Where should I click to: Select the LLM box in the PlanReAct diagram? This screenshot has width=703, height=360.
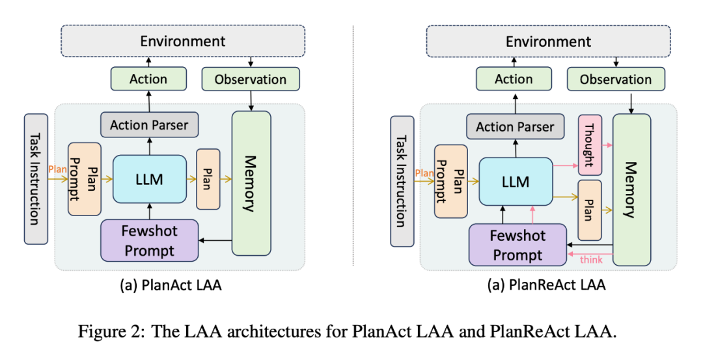[x=516, y=184]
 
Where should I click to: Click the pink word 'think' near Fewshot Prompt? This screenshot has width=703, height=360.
[x=591, y=260]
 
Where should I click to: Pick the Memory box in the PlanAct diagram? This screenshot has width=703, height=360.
[x=251, y=183]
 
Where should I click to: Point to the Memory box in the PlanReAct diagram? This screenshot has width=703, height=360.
[x=631, y=189]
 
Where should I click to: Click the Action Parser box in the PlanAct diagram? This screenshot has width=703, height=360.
[x=149, y=124]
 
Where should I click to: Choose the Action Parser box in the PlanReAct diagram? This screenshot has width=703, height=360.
[x=515, y=127]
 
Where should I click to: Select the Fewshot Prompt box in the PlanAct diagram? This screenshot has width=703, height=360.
[x=149, y=240]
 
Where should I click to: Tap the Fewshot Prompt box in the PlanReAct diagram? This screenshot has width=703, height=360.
[x=517, y=245]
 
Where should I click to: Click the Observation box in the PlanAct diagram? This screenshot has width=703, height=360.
[x=251, y=79]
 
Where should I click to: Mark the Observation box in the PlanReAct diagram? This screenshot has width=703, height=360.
[x=616, y=79]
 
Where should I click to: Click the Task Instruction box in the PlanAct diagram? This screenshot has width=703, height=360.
[x=36, y=178]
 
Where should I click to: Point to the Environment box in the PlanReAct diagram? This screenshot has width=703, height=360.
[x=548, y=42]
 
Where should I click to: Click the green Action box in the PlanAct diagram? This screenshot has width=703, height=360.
[x=148, y=79]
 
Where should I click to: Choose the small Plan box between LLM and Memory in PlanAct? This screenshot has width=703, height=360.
[x=208, y=179]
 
